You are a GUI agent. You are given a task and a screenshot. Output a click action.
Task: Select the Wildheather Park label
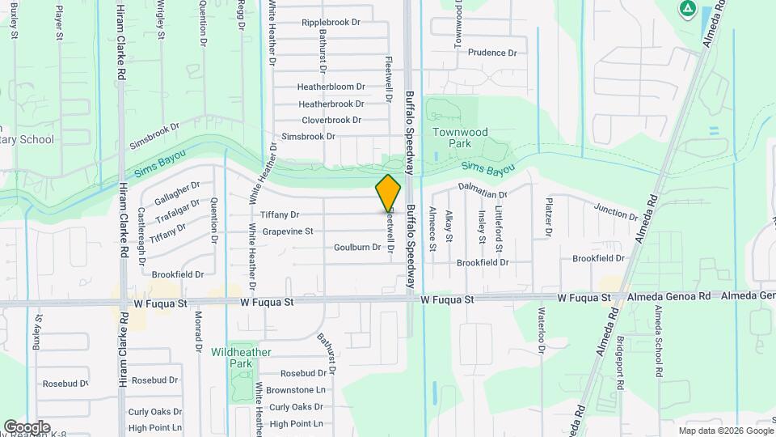point(242,358)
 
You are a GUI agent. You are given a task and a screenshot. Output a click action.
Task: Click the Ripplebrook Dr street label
point(331,23)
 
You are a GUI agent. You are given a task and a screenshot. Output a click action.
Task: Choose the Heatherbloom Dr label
point(331,87)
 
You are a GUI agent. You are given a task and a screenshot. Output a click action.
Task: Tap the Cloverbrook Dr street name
point(331,120)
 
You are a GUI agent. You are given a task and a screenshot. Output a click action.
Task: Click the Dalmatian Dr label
point(482,195)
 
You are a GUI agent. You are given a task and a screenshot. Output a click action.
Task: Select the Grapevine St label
point(288,231)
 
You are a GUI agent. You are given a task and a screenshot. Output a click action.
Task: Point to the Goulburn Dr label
point(356,247)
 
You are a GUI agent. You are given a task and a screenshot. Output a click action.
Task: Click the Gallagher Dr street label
point(177,193)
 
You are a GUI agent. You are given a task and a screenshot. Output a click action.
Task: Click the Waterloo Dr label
point(539,329)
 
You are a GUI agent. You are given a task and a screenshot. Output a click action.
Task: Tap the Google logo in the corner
point(27,426)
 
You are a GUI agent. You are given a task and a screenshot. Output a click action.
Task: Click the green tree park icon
point(687,10)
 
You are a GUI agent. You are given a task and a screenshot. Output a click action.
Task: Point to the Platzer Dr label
point(548,217)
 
